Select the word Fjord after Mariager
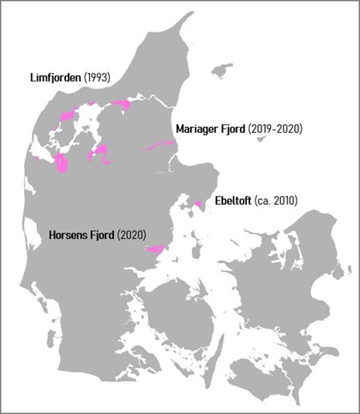click(236, 129)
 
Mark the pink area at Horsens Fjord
click(154, 249)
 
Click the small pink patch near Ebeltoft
click(198, 204)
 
